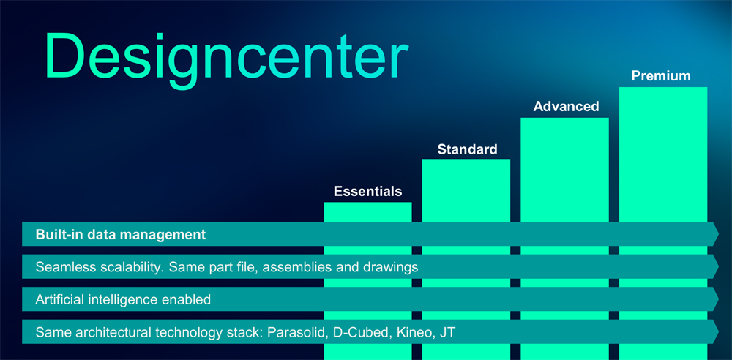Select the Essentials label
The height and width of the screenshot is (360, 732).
(x=367, y=191)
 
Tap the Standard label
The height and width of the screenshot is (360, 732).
(x=467, y=149)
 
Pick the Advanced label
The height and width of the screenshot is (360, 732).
(x=566, y=106)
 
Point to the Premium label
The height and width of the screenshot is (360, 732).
(x=660, y=75)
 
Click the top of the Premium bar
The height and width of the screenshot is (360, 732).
(x=663, y=87)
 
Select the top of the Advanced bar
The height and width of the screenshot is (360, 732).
(x=564, y=118)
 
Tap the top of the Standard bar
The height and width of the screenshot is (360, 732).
(x=466, y=160)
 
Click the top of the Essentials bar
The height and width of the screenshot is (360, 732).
(x=367, y=202)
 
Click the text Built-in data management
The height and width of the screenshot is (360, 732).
(x=121, y=234)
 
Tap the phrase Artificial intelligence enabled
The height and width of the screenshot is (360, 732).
(x=123, y=300)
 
